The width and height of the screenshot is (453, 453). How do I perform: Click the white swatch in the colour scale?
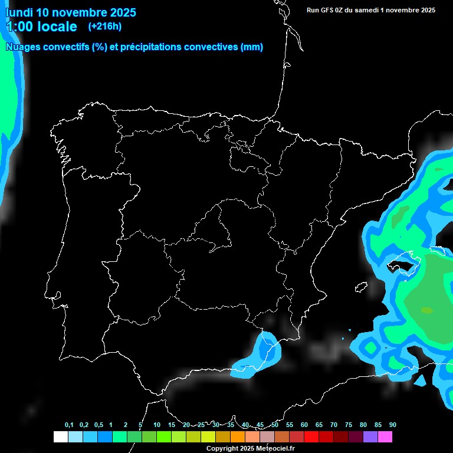[x=60, y=436]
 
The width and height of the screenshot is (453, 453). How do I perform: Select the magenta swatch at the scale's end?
[x=385, y=436]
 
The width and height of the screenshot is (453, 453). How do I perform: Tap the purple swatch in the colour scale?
[x=370, y=436]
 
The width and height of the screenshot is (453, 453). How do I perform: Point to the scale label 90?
[x=393, y=425]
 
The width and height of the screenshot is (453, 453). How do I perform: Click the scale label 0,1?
[x=69, y=425]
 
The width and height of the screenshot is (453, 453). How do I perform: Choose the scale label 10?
[x=157, y=425]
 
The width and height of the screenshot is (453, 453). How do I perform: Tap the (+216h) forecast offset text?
[x=104, y=26]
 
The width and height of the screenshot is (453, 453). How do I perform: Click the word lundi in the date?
[x=19, y=12]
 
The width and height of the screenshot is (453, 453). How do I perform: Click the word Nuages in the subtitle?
[x=23, y=47]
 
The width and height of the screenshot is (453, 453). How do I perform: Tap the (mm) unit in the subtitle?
[x=252, y=47]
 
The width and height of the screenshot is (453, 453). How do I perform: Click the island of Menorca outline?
[x=439, y=250]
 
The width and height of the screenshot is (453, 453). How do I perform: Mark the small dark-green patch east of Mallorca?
[x=426, y=310]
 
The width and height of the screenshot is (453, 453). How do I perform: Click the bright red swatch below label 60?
[x=311, y=436]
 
